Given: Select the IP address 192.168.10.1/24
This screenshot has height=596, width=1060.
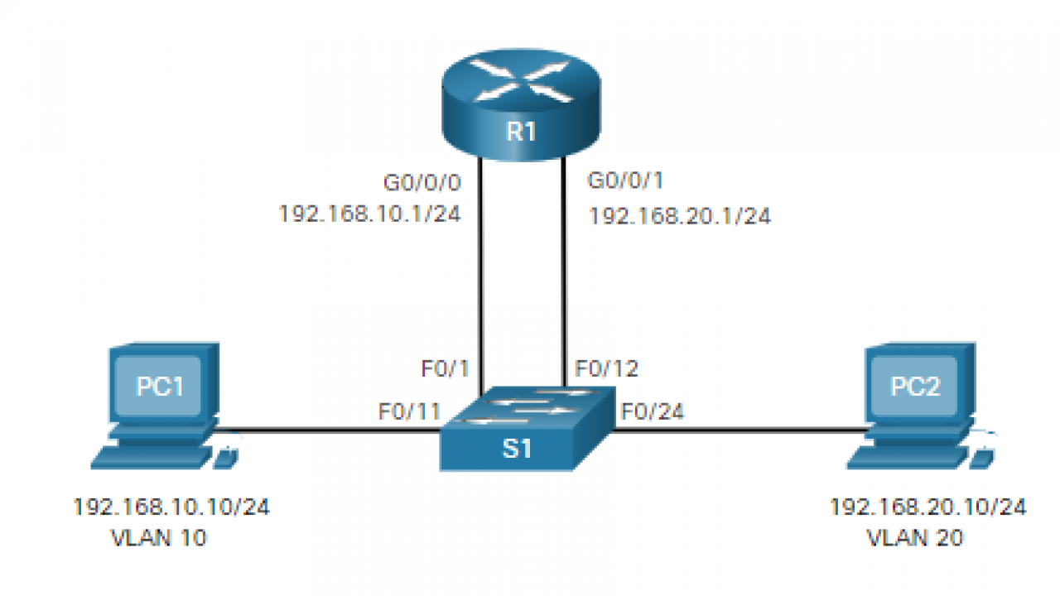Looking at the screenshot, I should coord(370,214).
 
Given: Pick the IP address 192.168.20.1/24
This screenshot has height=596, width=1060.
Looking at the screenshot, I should coord(679,217).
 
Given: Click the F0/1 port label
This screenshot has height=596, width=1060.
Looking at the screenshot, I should coord(446,369).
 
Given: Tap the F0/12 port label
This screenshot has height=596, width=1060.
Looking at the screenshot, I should coord(607,369).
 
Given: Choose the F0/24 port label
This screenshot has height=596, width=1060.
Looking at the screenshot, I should coord(653,411).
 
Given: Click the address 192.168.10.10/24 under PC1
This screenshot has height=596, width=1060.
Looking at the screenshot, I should coord(171,507).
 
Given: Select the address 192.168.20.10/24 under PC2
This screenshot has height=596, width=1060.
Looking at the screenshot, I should coord(927,507).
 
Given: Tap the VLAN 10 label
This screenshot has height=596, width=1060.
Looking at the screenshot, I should coord(159,538).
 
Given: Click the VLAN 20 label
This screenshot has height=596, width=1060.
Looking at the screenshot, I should coord(915,538).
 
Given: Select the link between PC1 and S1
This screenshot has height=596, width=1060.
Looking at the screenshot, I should coord(331,430).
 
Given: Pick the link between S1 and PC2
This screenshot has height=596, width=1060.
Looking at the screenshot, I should coord(737,430).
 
